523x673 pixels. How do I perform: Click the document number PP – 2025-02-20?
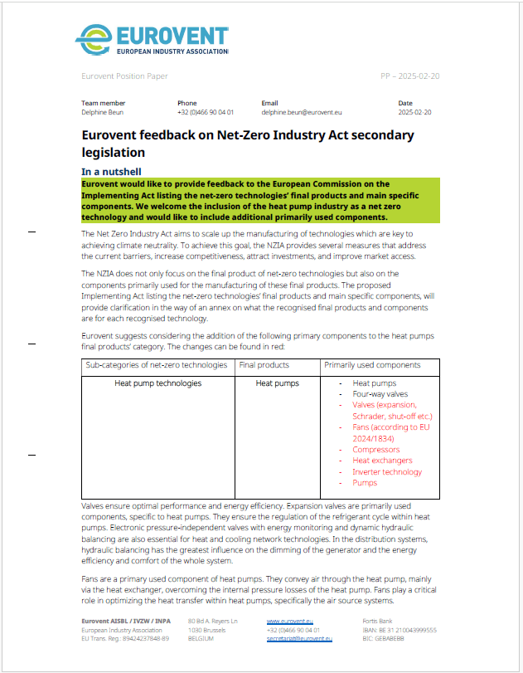pos(409,76)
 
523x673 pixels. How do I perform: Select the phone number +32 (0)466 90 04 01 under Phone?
pos(205,111)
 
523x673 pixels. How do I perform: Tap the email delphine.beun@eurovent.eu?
pos(302,111)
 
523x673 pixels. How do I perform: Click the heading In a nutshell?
pos(118,171)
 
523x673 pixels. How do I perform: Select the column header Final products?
pos(264,364)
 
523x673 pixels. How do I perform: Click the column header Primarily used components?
pos(372,364)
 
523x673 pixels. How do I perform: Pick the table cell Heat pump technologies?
pos(157,383)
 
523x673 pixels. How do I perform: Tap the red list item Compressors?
pos(375,450)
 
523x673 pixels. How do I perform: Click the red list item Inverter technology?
pos(387,471)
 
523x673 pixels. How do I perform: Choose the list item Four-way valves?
pos(380,394)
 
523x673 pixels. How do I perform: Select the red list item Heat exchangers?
pos(382,461)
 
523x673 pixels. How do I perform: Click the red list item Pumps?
pos(365,482)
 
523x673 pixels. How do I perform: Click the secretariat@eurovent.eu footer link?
pos(299,638)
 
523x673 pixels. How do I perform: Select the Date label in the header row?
pos(404,103)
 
